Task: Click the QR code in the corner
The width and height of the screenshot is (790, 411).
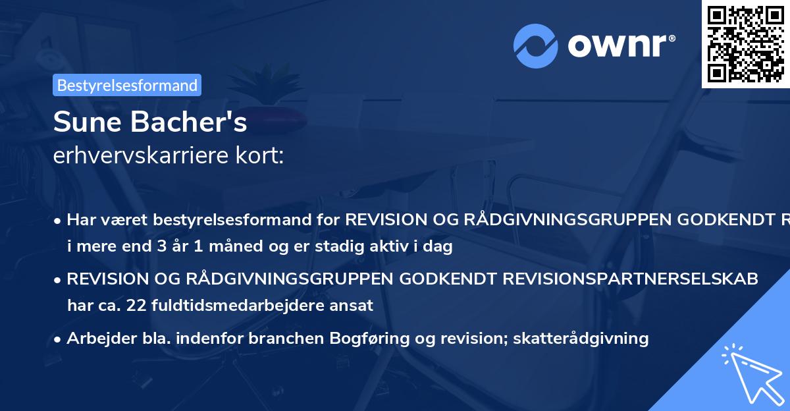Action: [x=746, y=43]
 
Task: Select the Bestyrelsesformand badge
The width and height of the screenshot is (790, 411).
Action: [x=127, y=85]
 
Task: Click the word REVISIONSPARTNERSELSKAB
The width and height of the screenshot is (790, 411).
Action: [x=631, y=279]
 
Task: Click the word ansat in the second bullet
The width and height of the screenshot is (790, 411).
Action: [x=354, y=305]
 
